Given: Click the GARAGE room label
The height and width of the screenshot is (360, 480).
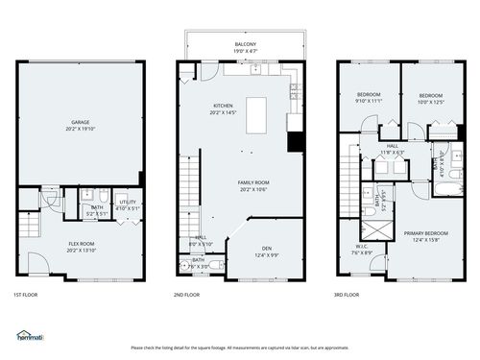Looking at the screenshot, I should (80, 123).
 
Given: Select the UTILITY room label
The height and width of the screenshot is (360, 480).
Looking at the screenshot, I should (128, 203).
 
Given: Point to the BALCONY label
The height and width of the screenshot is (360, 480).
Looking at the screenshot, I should (246, 44).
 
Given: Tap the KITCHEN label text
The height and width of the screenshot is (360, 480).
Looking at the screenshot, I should (223, 107).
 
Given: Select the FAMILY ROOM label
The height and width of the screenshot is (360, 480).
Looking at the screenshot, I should (253, 182).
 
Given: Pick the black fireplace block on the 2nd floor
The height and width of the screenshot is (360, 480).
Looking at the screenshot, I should (296, 143).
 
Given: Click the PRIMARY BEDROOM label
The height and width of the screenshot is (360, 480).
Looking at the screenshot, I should (425, 234).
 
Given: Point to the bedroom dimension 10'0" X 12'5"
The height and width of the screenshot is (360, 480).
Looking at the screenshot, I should (431, 102).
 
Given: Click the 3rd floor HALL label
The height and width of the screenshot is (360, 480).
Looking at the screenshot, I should (393, 146).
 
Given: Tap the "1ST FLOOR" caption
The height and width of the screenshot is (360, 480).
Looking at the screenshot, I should (27, 295).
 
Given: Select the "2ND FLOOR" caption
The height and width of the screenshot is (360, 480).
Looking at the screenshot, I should (186, 295).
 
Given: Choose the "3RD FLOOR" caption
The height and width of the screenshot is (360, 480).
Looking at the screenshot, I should (346, 295).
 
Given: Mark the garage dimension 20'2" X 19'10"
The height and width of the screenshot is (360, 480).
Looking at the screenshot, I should (80, 129).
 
